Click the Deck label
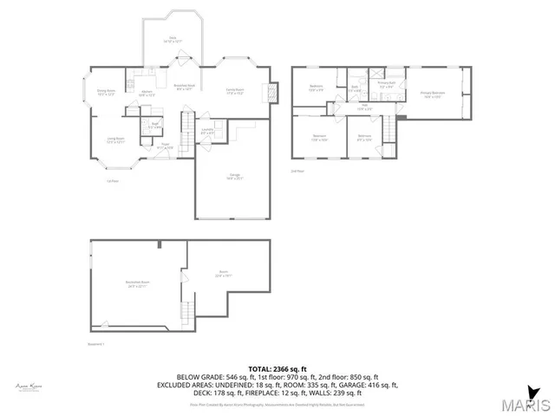pyautogui.click(x=173, y=40)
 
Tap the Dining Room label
pyautogui.click(x=106, y=92)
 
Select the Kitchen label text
pyautogui.click(x=147, y=94)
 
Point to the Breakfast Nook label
pyautogui.click(x=184, y=87)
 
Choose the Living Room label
pyautogui.click(x=115, y=140)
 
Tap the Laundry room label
pyautogui.click(x=207, y=131)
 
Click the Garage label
pyautogui.click(x=234, y=178)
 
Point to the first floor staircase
pyautogui.click(x=187, y=137)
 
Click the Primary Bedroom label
pyautogui.click(x=433, y=94)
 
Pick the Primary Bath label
pyautogui.click(x=386, y=85)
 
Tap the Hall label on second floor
pyautogui.click(x=364, y=107)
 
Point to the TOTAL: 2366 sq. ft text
pyautogui.click(x=277, y=368)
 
